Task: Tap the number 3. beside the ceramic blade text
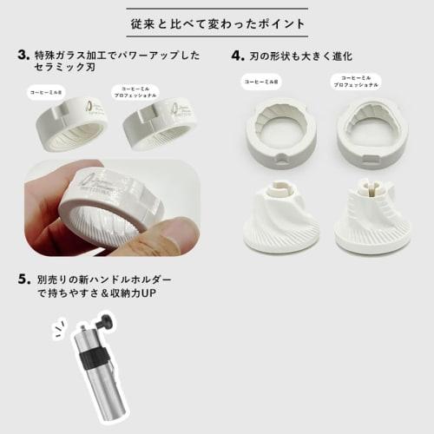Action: pyautogui.click(x=23, y=55)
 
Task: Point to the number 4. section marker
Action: pyautogui.click(x=237, y=55)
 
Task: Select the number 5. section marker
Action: pyautogui.click(x=23, y=280)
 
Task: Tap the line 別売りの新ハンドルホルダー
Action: pyautogui.click(x=105, y=281)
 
